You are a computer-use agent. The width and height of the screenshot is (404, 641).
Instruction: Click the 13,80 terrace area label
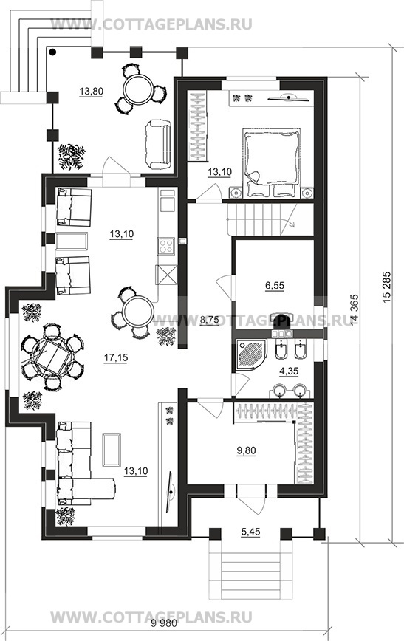91,91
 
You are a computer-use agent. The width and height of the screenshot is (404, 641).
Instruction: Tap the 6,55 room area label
275,286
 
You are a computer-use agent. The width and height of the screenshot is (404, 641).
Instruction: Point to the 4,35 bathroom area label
289,371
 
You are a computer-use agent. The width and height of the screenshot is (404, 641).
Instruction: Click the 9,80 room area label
246,450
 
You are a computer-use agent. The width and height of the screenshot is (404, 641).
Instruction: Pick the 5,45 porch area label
250,532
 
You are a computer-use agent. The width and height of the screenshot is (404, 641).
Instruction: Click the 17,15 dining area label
116,357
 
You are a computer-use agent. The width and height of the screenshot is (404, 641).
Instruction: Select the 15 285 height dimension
387,287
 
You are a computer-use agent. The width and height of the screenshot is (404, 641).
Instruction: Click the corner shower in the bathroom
249,353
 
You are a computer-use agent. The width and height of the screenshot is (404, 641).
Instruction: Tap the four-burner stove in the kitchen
167,246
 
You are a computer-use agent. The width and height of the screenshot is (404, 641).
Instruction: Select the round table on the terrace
139,89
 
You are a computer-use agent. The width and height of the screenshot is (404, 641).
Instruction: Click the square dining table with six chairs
52,356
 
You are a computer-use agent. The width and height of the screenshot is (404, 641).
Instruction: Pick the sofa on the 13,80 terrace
157,144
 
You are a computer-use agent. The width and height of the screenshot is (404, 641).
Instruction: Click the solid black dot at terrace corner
53,52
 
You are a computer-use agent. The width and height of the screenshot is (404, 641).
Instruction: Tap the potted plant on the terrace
72,157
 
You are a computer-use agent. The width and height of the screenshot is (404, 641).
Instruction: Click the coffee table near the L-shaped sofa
112,450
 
